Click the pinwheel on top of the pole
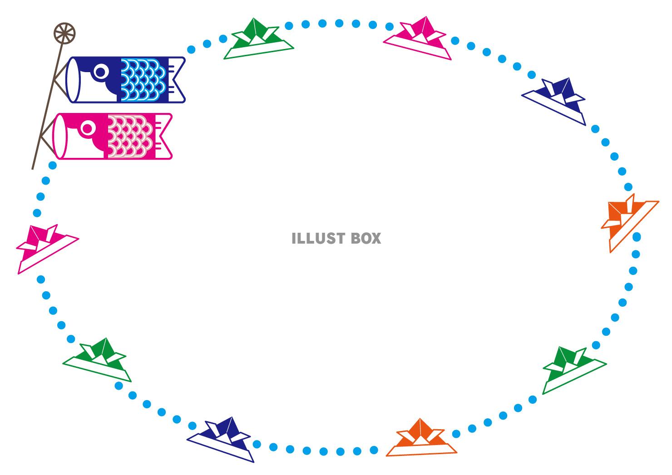[x=64, y=33]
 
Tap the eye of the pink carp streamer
[x=88, y=128]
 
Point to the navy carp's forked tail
[x=177, y=80]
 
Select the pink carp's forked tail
[x=164, y=136]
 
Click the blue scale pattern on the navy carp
[x=143, y=80]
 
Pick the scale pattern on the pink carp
[x=130, y=137]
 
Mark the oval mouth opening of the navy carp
[x=73, y=80]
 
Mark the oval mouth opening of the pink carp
[x=59, y=136]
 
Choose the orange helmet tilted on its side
[x=630, y=223]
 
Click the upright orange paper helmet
[x=421, y=437]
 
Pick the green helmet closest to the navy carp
[x=259, y=39]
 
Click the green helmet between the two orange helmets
[x=574, y=370]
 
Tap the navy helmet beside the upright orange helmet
[x=221, y=439]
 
